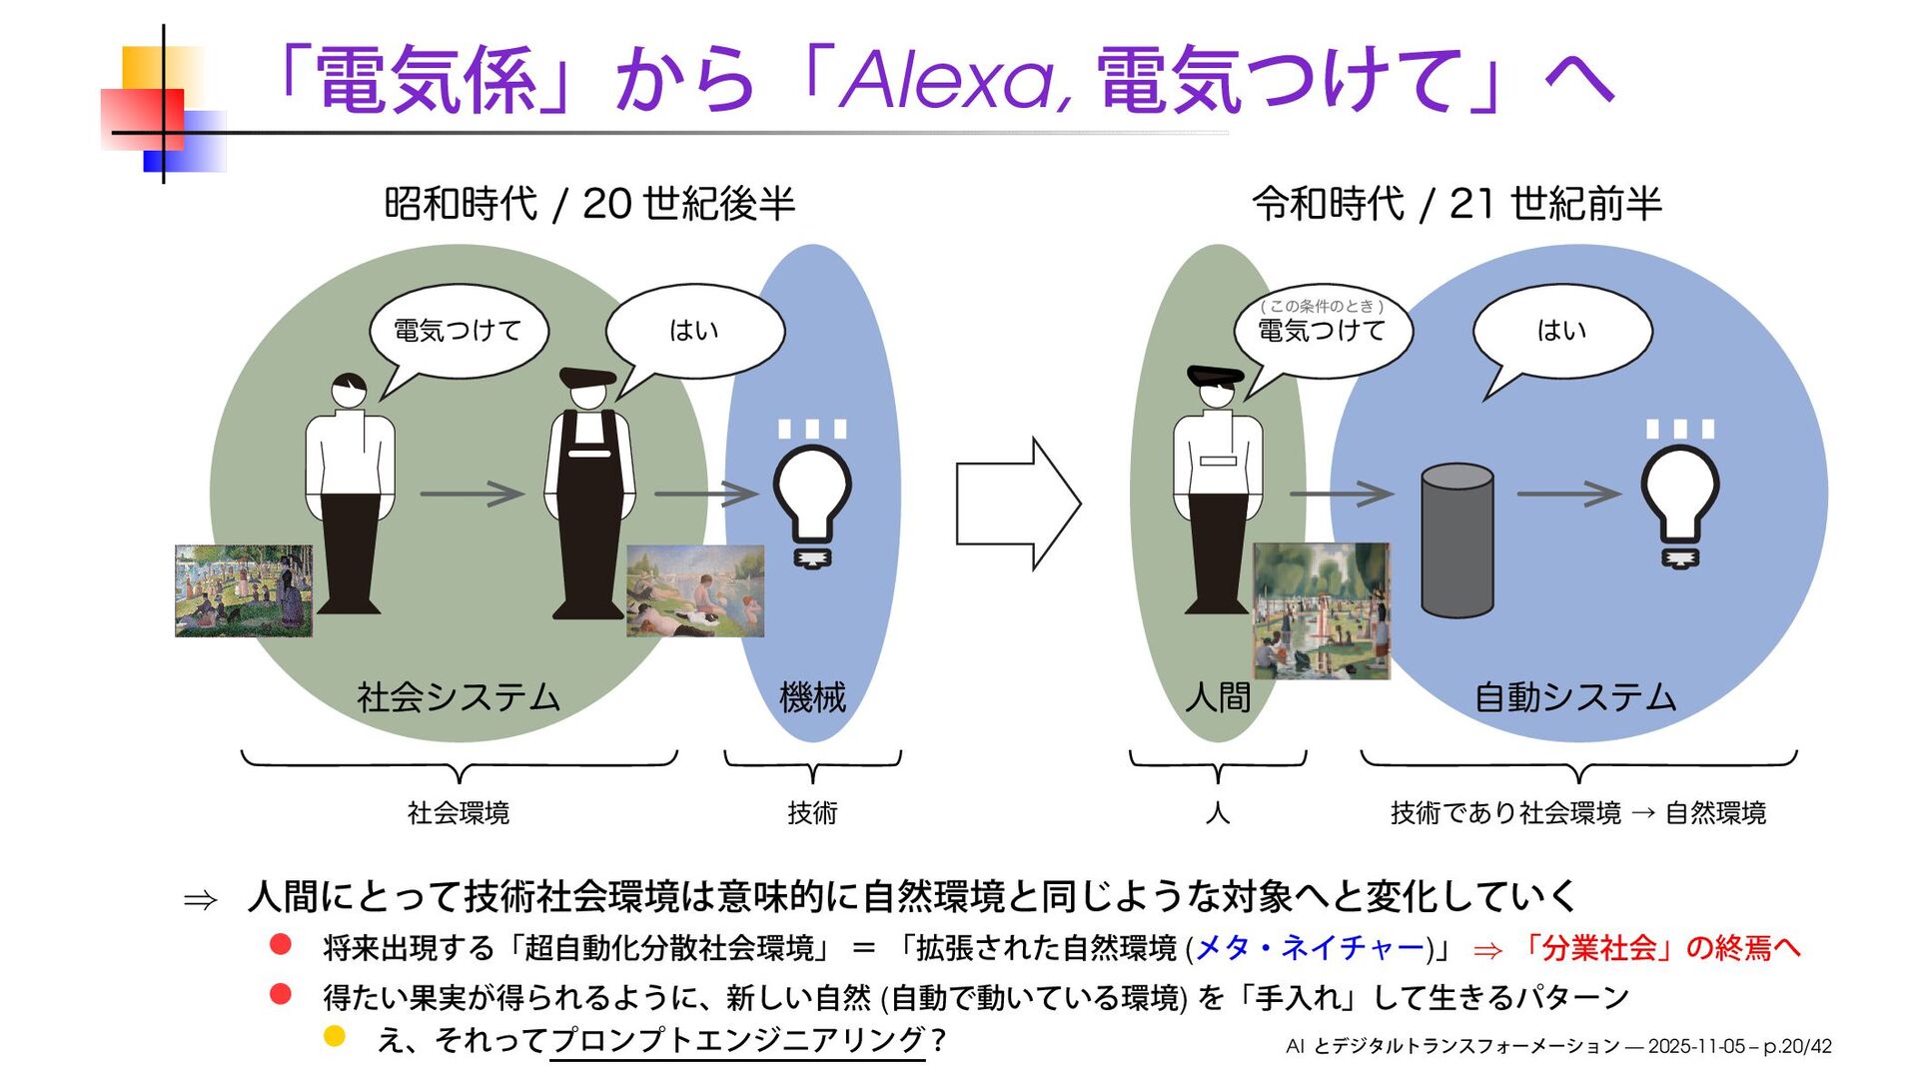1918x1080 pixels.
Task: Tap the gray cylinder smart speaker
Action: point(1456,540)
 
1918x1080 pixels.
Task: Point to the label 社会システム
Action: point(459,696)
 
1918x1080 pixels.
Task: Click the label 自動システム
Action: point(1575,696)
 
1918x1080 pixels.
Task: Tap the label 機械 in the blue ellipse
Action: point(812,696)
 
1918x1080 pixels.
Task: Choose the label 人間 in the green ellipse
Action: point(1218,696)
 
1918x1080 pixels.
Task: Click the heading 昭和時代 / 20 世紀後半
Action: point(589,204)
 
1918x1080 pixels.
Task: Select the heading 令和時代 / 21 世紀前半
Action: point(1456,204)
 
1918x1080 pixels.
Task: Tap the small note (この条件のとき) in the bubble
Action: point(1322,306)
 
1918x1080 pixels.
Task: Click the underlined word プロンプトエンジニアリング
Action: point(737,1040)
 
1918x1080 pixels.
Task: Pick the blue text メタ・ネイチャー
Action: point(1309,947)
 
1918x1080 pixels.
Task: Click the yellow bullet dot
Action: point(335,1036)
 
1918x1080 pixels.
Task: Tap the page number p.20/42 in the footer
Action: point(1797,1046)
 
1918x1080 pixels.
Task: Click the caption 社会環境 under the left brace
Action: point(459,813)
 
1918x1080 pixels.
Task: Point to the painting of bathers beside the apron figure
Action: point(695,591)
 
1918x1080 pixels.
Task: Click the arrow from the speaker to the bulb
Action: point(1568,494)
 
